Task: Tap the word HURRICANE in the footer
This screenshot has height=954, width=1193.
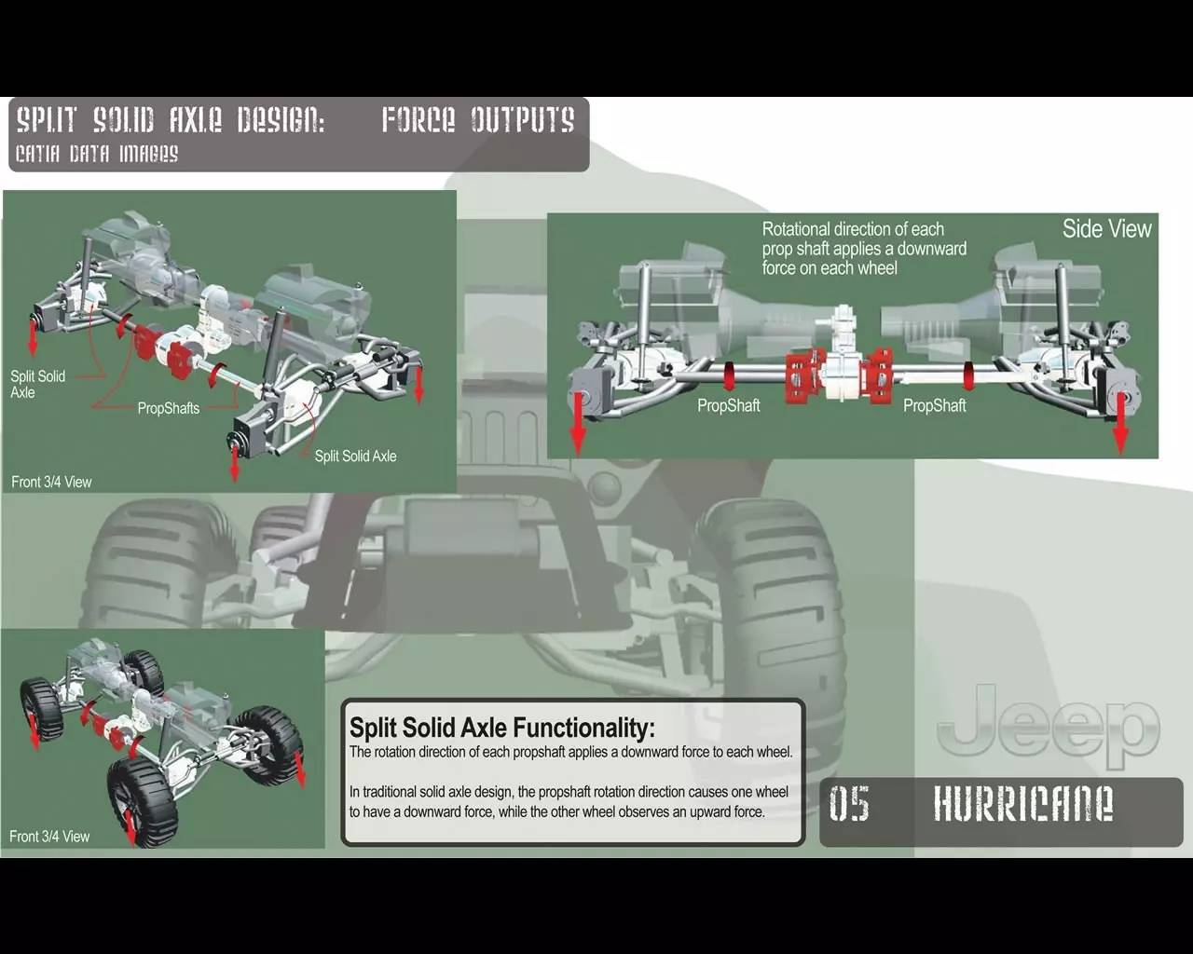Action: (x=1022, y=804)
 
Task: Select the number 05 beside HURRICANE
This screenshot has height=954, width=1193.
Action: (x=849, y=804)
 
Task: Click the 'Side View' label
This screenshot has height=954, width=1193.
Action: (x=1106, y=229)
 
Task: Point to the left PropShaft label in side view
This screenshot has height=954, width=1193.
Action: (x=728, y=406)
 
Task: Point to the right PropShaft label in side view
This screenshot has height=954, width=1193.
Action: (x=934, y=406)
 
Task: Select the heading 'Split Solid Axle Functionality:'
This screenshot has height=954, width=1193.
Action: (x=501, y=728)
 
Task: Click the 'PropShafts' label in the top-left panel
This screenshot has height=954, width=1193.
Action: (x=168, y=408)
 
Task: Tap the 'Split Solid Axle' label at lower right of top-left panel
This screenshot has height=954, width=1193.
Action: (x=355, y=457)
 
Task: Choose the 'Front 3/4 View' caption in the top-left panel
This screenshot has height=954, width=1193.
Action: (x=51, y=483)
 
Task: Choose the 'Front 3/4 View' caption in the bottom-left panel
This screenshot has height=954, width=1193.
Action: (x=49, y=837)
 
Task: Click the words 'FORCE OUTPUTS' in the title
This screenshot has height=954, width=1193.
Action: (x=477, y=120)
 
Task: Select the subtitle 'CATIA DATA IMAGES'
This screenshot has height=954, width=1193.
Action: (x=97, y=154)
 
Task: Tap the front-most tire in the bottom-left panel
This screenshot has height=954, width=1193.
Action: (x=140, y=801)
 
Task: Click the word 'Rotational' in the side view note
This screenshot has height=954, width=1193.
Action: (x=795, y=229)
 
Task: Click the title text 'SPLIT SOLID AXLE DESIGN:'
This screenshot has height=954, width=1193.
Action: (x=171, y=120)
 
